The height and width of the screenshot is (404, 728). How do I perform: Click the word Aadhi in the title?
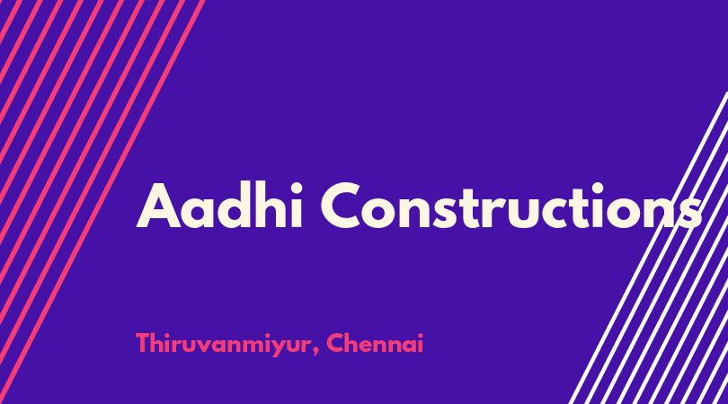pos(219,206)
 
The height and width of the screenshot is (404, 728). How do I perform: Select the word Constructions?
pos(511,206)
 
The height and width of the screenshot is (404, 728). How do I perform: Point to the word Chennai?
pos(375,343)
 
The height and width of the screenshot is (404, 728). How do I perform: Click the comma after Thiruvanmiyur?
pos(316,351)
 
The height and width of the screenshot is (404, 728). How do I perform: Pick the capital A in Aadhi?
pos(158,206)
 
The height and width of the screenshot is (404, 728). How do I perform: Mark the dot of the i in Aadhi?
pos(297,187)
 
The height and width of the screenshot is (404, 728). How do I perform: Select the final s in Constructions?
pos(690,213)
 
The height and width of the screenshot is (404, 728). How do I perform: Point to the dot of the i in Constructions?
pos(598,188)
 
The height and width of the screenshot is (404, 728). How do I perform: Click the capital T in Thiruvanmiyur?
pos(144,343)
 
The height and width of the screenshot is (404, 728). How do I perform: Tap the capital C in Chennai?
pos(335,343)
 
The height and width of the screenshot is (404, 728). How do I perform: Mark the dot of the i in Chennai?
pos(421,334)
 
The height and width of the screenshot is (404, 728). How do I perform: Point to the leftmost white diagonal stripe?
pos(649,248)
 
